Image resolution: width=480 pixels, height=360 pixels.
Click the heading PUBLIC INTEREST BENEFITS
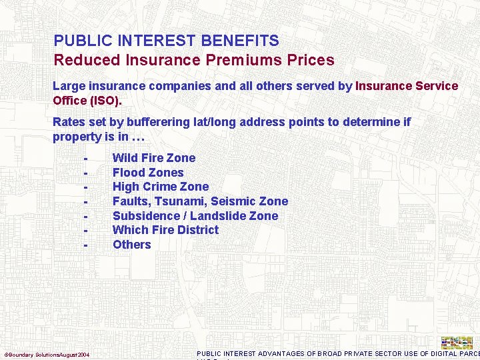pyautogui.click(x=166, y=41)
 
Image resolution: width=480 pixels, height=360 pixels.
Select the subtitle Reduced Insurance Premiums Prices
pyautogui.click(x=194, y=60)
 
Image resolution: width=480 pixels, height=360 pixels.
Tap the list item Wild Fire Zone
pyautogui.click(x=154, y=158)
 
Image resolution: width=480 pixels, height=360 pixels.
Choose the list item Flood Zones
pyautogui.click(x=148, y=173)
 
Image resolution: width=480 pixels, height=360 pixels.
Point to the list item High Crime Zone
pyautogui.click(x=161, y=187)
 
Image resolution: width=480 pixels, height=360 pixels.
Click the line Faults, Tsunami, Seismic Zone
pyautogui.click(x=200, y=201)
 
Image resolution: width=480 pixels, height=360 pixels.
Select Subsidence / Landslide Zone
pyautogui.click(x=195, y=216)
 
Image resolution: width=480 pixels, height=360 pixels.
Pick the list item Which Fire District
pyautogui.click(x=165, y=230)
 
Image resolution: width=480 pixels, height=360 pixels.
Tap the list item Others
pyautogui.click(x=132, y=245)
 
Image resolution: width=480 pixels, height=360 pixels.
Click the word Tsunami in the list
pyautogui.click(x=181, y=201)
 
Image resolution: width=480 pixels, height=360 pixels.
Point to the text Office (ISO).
pyautogui.click(x=87, y=101)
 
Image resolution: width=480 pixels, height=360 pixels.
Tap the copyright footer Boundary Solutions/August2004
pyautogui.click(x=47, y=354)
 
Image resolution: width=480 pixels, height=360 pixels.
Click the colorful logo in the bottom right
pyautogui.click(x=457, y=343)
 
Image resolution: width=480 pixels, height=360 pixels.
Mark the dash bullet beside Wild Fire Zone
pyautogui.click(x=86, y=159)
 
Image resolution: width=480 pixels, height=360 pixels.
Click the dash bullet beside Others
pyautogui.click(x=86, y=245)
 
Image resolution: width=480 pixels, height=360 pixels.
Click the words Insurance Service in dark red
pyautogui.click(x=407, y=86)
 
